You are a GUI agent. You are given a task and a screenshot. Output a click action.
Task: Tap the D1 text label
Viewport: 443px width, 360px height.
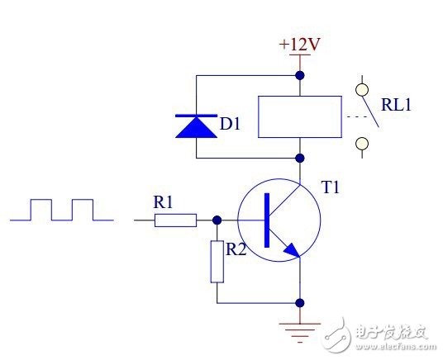click(x=231, y=126)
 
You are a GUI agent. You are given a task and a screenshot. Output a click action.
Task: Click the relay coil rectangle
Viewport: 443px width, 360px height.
click(x=299, y=116)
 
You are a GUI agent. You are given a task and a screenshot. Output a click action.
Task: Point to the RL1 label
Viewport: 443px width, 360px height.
click(x=398, y=105)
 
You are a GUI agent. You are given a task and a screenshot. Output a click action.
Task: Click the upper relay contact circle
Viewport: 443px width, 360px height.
click(x=360, y=86)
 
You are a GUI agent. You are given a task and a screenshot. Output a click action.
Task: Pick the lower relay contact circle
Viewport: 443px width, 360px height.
click(x=360, y=144)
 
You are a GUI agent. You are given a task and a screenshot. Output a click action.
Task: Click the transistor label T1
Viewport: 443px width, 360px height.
click(x=331, y=188)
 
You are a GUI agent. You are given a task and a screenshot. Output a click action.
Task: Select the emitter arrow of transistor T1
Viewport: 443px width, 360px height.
click(x=288, y=250)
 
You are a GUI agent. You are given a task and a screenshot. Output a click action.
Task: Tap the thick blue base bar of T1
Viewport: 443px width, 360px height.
click(x=267, y=220)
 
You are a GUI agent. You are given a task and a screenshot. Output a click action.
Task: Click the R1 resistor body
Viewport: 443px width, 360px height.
click(x=176, y=220)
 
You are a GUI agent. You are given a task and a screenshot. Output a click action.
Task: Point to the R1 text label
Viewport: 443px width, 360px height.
click(x=164, y=201)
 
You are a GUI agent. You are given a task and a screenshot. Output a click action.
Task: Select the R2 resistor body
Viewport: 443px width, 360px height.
click(x=217, y=260)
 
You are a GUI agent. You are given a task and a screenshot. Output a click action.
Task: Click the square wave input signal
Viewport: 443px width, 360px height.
click(x=63, y=210)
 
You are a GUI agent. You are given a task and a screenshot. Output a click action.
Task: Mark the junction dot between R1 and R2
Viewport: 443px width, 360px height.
click(x=217, y=220)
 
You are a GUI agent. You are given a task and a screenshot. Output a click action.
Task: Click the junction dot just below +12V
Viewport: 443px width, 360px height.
click(x=298, y=75)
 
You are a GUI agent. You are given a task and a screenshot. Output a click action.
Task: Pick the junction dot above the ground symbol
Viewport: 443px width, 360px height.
click(x=298, y=303)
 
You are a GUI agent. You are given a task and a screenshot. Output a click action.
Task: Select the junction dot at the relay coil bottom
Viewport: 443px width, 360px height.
click(x=298, y=157)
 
